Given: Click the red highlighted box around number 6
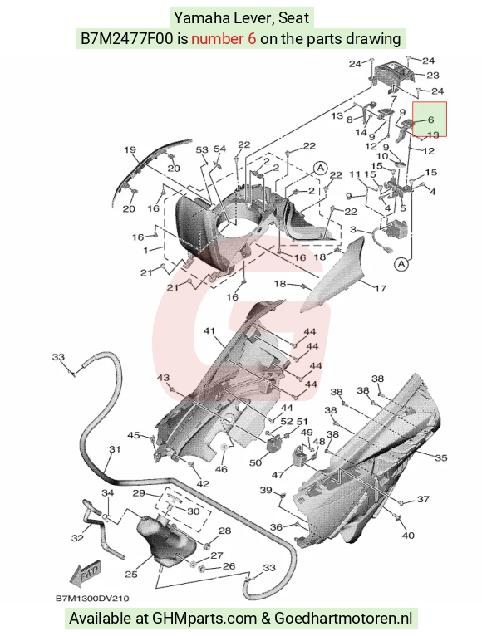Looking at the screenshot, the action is click(430, 119).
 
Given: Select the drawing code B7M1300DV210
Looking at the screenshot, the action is click(92, 599).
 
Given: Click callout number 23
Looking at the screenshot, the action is click(433, 75).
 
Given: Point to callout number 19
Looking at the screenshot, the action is click(130, 150).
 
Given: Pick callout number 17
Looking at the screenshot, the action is click(381, 288).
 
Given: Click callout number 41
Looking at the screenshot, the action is click(209, 331).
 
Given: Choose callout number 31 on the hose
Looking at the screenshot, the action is click(115, 449).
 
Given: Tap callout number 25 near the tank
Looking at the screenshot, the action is click(131, 574).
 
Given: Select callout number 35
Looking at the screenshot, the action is click(441, 458).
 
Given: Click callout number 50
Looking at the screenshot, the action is click(255, 462).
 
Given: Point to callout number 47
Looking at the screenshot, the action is click(278, 474).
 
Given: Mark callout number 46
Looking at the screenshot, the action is click(221, 469).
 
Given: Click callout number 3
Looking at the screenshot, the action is click(353, 230).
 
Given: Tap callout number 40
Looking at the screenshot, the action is click(408, 536).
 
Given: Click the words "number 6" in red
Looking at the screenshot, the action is click(224, 38).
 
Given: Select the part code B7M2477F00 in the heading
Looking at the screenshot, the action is click(127, 38).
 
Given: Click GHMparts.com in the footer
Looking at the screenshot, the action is click(204, 619).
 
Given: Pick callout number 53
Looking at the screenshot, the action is click(202, 150).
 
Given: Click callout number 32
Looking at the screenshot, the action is click(77, 538).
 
